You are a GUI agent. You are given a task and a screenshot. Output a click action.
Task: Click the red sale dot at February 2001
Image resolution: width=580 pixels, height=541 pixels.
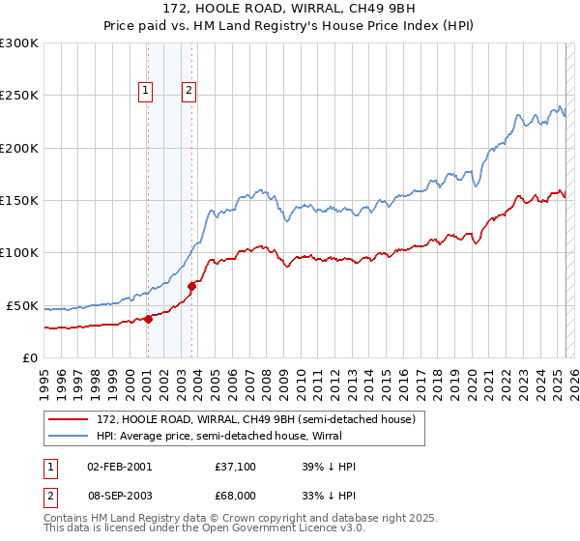148,319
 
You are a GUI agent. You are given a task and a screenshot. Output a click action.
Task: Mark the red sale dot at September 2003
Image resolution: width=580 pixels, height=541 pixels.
192,286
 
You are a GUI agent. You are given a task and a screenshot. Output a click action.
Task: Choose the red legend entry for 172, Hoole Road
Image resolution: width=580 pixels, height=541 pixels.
255,419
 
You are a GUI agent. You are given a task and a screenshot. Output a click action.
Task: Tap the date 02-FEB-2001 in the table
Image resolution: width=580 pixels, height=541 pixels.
120,467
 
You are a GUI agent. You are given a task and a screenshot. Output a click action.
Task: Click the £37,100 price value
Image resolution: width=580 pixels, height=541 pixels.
237,467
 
